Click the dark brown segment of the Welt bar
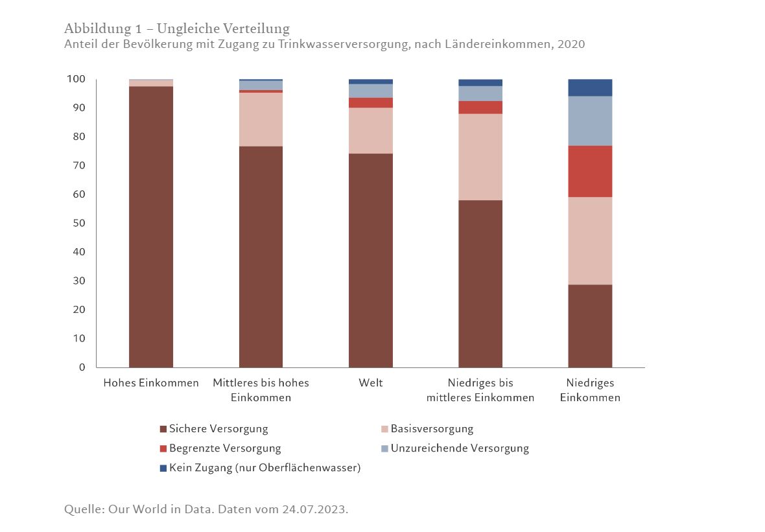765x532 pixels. (x=370, y=259)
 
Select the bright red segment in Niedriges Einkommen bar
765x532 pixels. (x=590, y=171)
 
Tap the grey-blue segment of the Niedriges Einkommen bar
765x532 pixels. (x=590, y=121)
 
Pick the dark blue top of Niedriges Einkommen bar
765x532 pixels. (x=590, y=87)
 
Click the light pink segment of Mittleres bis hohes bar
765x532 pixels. (x=261, y=119)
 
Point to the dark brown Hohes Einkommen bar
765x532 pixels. (x=151, y=227)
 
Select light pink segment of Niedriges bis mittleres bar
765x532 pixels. (x=480, y=157)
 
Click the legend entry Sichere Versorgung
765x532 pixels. (x=218, y=429)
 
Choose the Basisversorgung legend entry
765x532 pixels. (x=431, y=429)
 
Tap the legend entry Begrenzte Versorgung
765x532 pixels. (x=224, y=448)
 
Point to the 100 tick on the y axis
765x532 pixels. (x=76, y=79)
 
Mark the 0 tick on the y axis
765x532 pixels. (x=82, y=367)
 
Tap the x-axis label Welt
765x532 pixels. (x=371, y=383)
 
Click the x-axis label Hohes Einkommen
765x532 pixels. (x=151, y=383)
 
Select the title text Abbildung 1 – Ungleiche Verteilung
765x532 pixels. (x=177, y=29)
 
